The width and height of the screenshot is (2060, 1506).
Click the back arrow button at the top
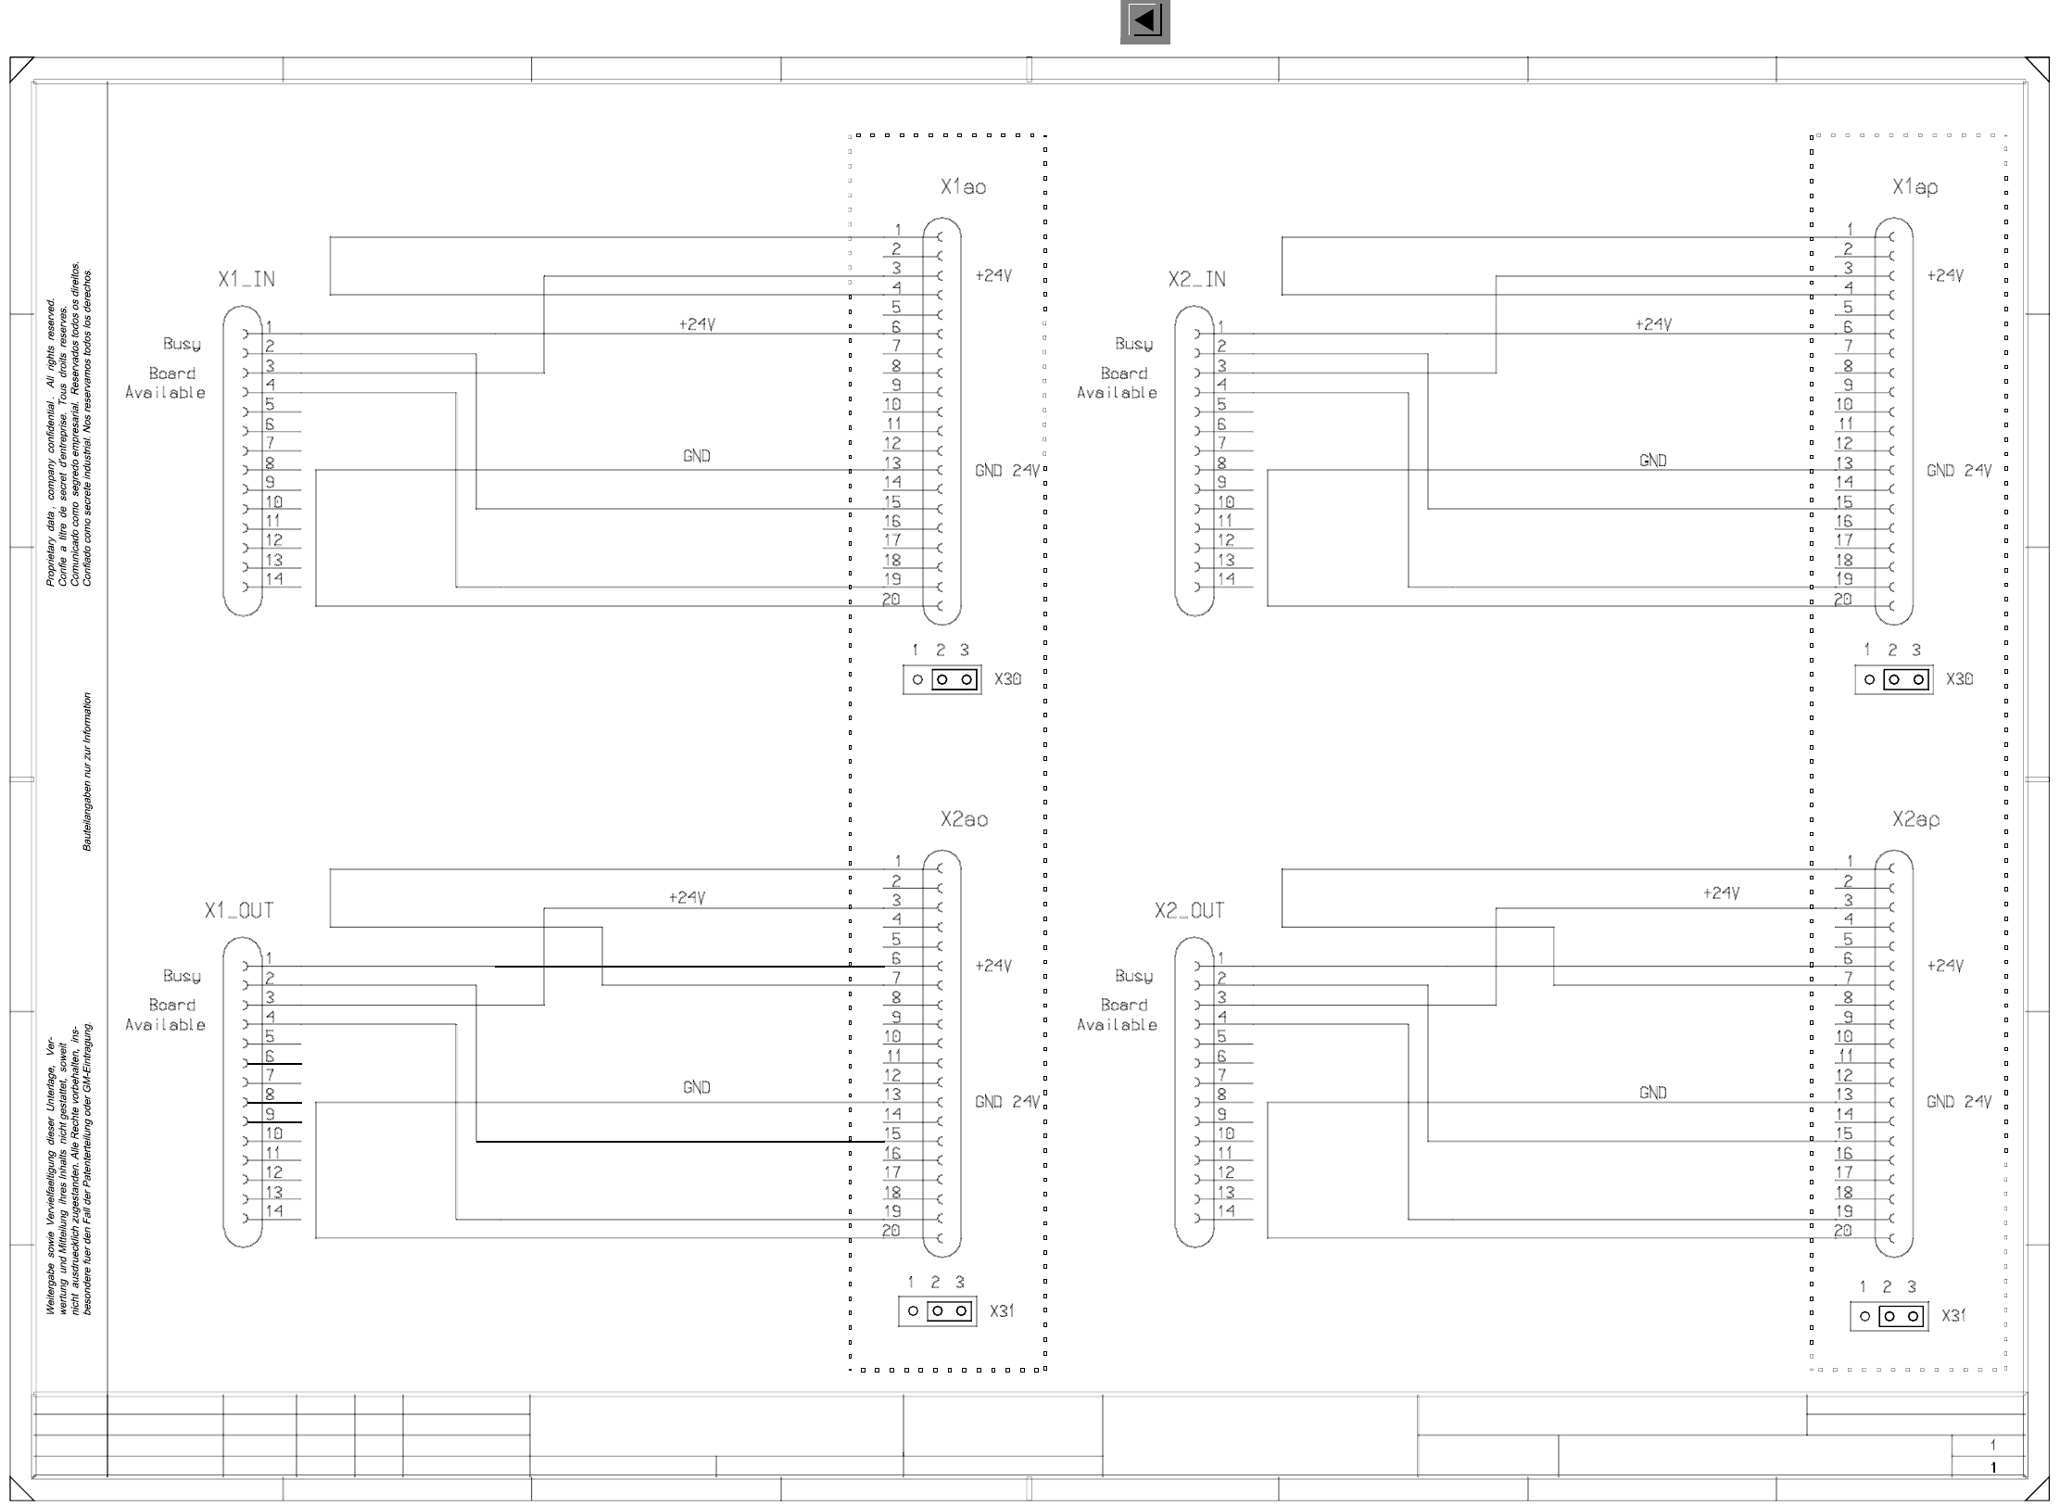coord(1144,21)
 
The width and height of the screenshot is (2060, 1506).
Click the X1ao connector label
coord(963,187)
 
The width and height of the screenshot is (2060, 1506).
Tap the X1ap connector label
coord(1915,187)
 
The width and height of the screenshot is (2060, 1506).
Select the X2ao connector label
coord(964,819)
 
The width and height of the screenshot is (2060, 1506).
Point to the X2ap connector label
coord(1915,819)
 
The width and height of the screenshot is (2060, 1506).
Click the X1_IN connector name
coord(246,279)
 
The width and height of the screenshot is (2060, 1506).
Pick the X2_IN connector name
coord(1196,279)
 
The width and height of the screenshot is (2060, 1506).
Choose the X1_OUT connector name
coord(239,911)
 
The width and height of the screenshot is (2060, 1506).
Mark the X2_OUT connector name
coord(1189,911)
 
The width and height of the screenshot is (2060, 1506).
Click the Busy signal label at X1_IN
coord(182,344)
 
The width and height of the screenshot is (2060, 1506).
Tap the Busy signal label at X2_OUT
coord(1133,976)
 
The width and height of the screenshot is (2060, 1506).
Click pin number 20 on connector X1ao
coord(891,599)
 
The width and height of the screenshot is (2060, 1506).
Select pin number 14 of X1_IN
coord(274,579)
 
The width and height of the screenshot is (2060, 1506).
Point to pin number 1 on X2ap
coord(1850,861)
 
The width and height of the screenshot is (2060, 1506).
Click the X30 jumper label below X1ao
coord(1007,679)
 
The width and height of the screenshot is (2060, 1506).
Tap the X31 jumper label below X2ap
coord(1953,1316)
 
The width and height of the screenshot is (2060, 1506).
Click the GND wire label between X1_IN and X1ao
coord(696,456)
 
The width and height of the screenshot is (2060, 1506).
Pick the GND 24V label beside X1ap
coord(1958,471)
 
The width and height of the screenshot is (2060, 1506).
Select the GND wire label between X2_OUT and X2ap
coord(1652,1094)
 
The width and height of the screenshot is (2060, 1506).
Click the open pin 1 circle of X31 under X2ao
coord(913,1311)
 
